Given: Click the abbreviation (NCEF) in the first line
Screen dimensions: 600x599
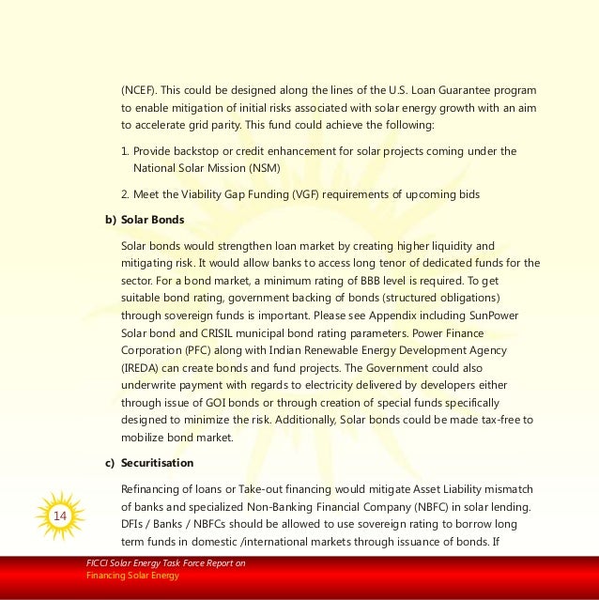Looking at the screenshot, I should click(138, 90).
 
